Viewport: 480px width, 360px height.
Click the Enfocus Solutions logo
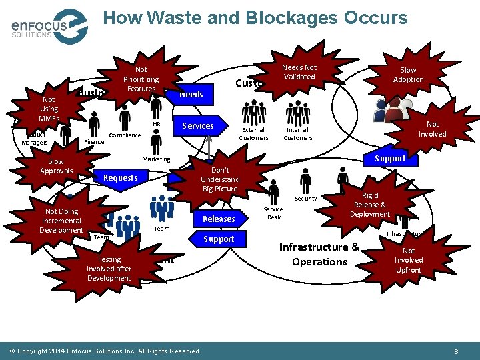pos(49,26)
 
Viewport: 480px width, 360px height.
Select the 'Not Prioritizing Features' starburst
pos(141,79)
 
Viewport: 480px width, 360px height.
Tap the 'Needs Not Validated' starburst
pos(299,72)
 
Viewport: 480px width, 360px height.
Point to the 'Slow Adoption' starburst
pos(408,75)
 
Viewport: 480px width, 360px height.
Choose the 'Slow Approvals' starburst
pos(56,166)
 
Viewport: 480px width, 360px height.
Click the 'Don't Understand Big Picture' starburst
pos(219,179)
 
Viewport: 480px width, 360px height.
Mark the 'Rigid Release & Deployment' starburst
pos(369,205)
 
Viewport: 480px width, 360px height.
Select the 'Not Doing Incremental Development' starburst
pos(61,221)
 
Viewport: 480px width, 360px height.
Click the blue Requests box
pos(120,177)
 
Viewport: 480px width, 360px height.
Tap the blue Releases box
pos(219,219)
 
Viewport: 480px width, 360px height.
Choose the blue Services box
pos(198,125)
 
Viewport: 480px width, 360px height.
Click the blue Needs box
pos(191,94)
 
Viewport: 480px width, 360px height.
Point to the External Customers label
pos(253,134)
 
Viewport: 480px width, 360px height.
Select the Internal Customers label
pos(297,134)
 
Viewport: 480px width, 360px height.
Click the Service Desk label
pos(273,213)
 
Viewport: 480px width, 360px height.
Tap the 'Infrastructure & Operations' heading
pos(319,254)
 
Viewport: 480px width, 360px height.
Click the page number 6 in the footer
pos(455,351)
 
